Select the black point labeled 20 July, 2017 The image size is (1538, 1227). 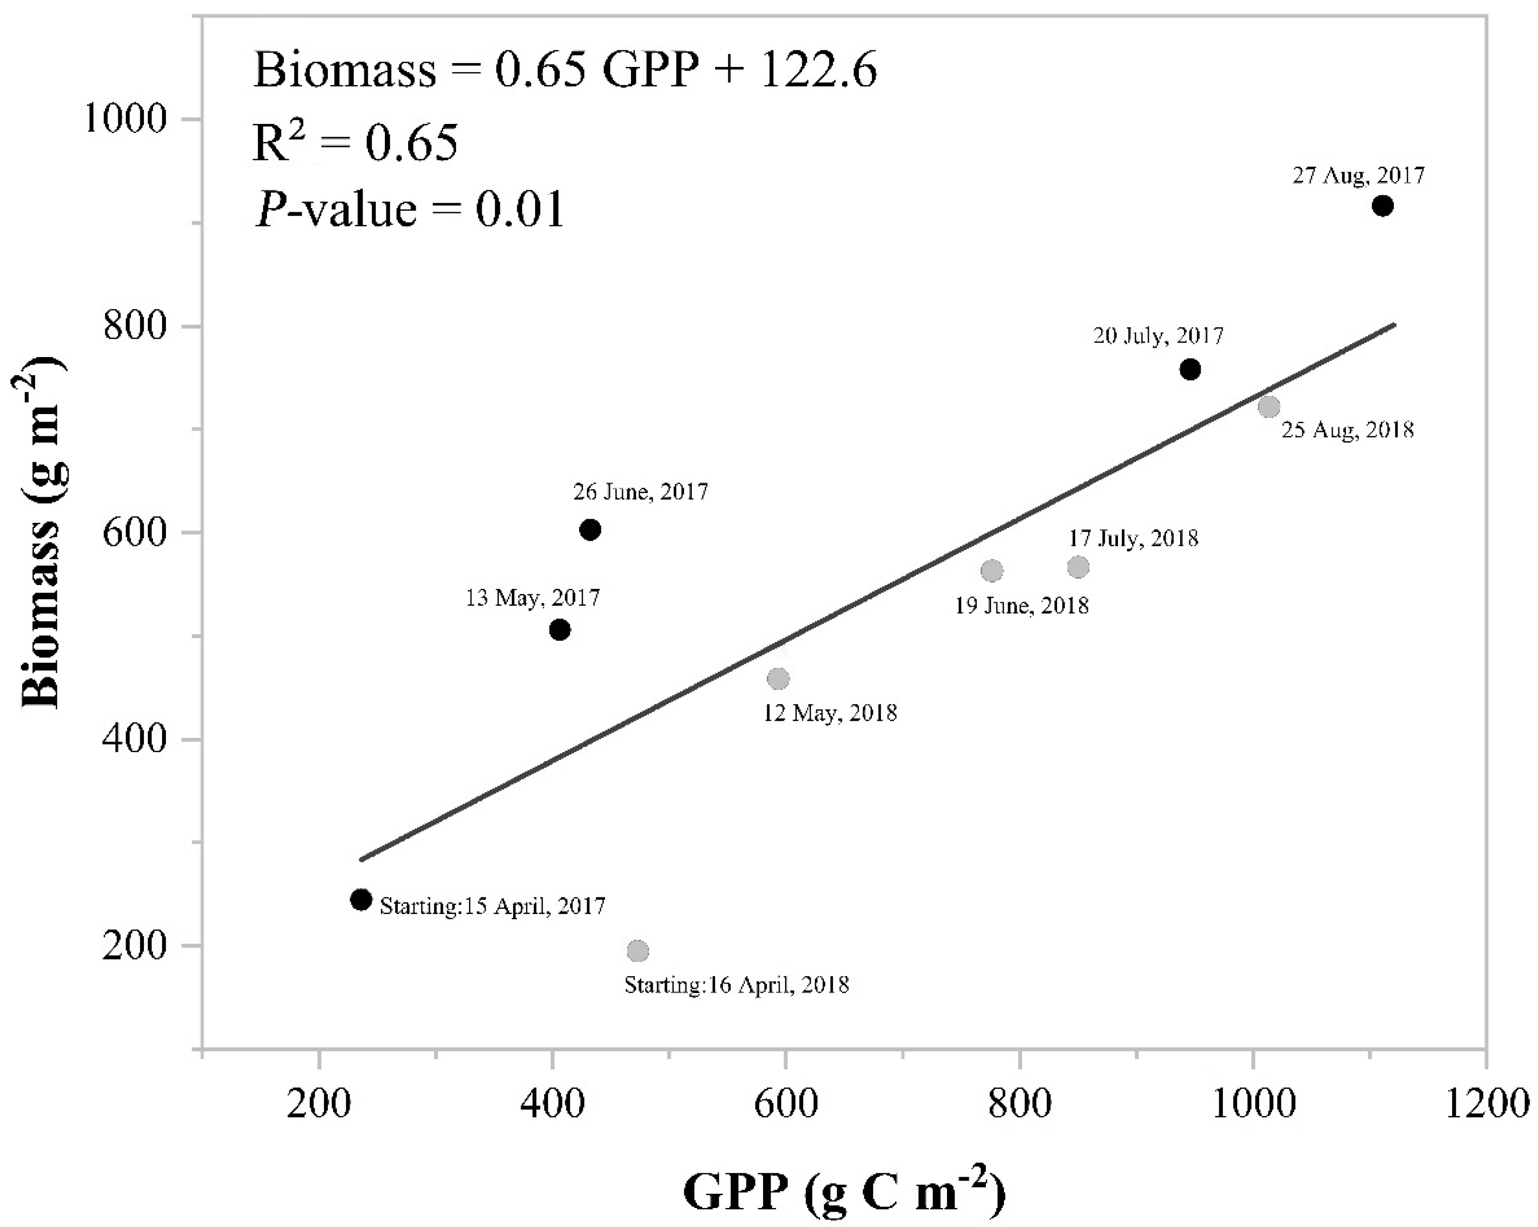[1190, 369]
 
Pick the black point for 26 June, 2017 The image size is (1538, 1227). [590, 530]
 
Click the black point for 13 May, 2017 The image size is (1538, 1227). [560, 630]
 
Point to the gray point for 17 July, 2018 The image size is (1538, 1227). [1078, 567]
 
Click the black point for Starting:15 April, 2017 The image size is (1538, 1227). [362, 900]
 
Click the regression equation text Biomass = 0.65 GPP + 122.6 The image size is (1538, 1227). [565, 73]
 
